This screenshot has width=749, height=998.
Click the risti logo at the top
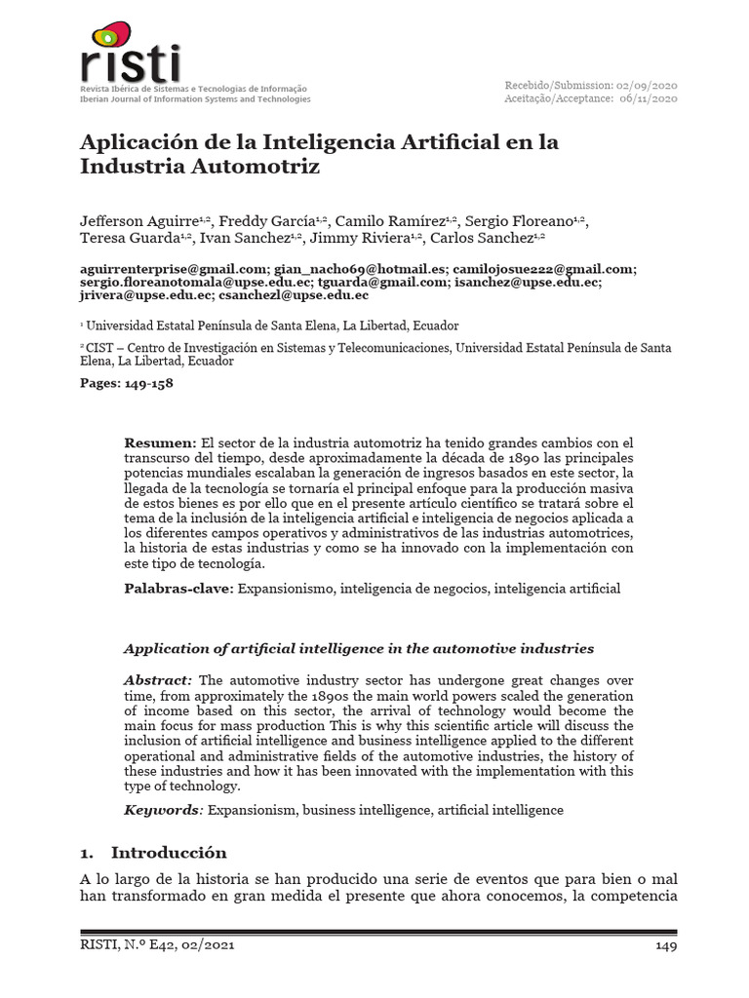131,54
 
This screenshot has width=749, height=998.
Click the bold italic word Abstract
158,679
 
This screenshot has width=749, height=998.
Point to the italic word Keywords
160,810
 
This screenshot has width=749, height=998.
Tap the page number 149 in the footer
665,944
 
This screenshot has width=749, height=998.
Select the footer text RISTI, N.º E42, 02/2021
157,944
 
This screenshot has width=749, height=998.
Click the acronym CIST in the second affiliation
101,347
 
